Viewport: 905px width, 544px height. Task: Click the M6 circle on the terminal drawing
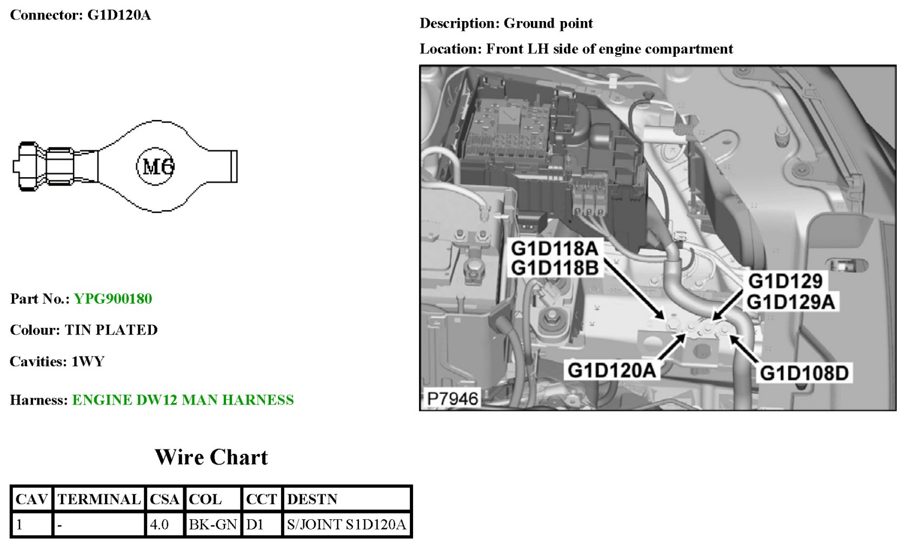tap(156, 166)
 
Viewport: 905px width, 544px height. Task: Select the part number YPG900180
tap(113, 299)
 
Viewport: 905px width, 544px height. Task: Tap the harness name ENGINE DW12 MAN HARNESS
tap(183, 400)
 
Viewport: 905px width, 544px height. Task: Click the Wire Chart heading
tap(211, 457)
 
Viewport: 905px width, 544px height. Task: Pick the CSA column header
tap(164, 499)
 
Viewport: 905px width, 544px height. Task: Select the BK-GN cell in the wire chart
tap(212, 524)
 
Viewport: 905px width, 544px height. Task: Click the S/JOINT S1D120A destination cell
tap(346, 524)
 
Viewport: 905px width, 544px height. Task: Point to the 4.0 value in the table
tap(159, 524)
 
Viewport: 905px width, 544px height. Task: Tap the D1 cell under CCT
tap(255, 524)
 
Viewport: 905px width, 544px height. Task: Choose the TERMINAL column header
tap(99, 499)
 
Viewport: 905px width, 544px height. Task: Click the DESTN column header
tap(312, 499)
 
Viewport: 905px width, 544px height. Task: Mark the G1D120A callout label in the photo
tap(611, 371)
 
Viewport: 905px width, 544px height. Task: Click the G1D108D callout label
tap(804, 373)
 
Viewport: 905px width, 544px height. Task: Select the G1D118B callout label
tap(555, 268)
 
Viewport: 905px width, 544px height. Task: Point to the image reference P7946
tap(452, 399)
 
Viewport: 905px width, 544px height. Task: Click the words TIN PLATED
tap(111, 330)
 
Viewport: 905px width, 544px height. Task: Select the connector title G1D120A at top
tap(119, 15)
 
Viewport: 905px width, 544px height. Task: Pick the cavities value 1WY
tap(88, 361)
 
